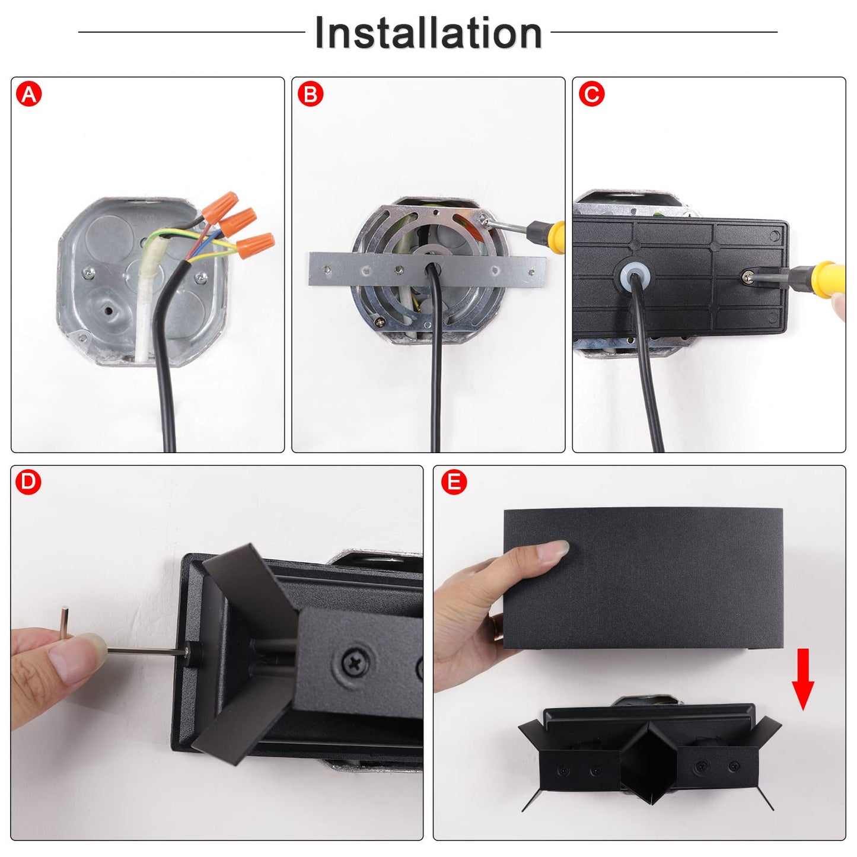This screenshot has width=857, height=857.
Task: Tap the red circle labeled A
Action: click(x=29, y=94)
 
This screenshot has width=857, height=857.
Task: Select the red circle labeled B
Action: click(x=310, y=94)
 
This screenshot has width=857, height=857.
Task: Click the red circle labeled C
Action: click(x=591, y=94)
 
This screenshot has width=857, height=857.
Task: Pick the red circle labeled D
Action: click(x=28, y=482)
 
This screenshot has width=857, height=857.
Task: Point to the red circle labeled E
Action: click(x=454, y=482)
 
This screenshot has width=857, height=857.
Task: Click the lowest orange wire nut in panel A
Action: click(x=255, y=246)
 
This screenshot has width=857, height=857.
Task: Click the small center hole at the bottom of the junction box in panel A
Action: click(x=108, y=308)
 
